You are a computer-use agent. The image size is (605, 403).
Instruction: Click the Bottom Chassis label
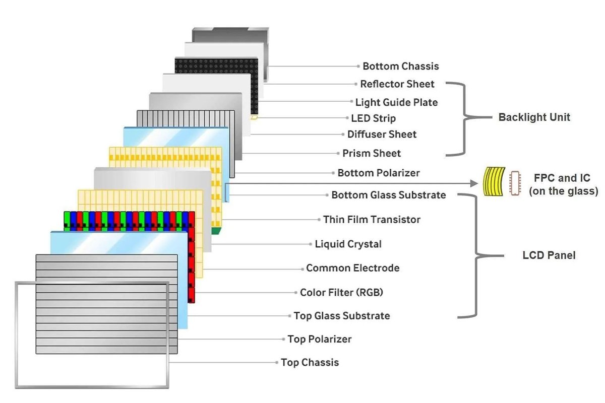coord(401,66)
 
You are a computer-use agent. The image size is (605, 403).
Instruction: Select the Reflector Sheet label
coord(397,84)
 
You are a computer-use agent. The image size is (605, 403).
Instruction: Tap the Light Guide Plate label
coord(396,103)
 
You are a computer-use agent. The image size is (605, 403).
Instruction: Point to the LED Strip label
coord(374,119)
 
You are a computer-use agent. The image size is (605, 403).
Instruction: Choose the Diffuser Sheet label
coord(382,135)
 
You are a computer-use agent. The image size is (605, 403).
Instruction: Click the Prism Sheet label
coord(372,153)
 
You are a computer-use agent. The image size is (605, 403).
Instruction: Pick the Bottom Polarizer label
coord(379,173)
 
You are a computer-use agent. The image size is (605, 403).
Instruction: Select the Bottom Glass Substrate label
coord(389,195)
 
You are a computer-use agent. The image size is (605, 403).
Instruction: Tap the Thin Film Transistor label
coord(372,220)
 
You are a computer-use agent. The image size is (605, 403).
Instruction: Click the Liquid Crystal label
coord(348,244)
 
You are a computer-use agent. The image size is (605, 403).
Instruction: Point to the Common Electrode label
coord(353,268)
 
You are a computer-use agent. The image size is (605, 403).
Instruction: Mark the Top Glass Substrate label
coord(342,316)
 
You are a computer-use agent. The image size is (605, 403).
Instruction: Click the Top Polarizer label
coord(320,339)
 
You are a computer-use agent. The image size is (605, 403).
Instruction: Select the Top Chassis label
coord(310,362)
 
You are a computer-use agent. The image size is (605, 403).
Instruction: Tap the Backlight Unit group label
coord(534,117)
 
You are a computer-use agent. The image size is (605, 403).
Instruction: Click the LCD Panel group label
coord(549,255)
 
